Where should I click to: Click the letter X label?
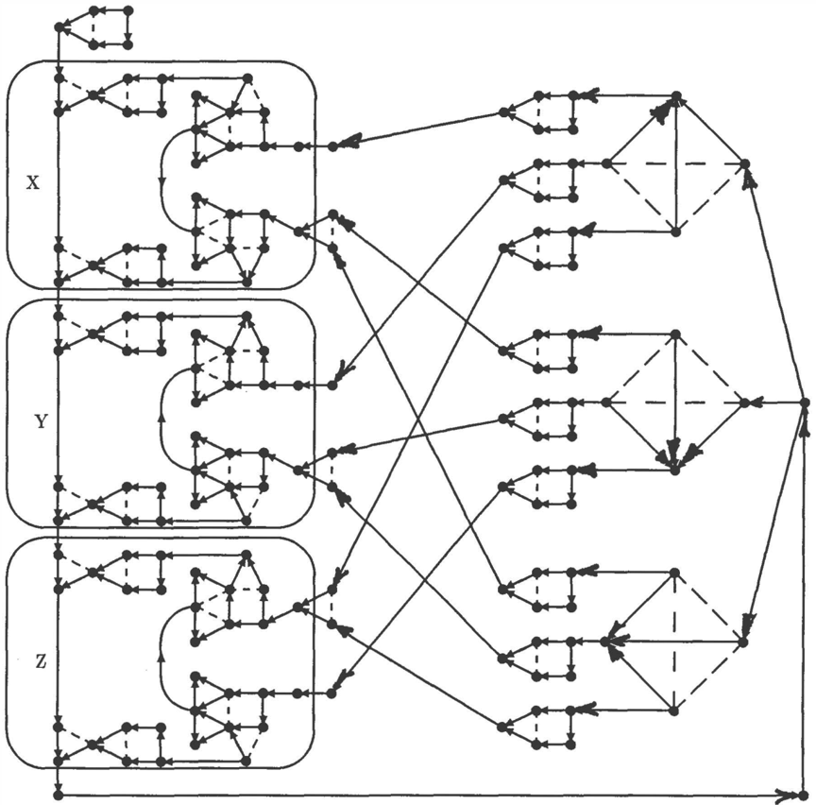[33, 182]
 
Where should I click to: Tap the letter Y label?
[42, 421]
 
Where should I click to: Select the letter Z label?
[42, 661]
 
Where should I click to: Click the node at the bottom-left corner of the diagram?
[59, 796]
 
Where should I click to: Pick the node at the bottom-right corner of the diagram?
[804, 796]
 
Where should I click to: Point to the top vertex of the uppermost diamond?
[675, 95]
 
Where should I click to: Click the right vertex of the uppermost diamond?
[745, 164]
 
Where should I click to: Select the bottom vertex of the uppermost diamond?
[675, 232]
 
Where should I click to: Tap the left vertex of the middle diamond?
[605, 402]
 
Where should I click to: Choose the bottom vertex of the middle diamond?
[675, 471]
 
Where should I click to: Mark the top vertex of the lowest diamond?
[674, 573]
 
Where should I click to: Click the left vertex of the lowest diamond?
[604, 642]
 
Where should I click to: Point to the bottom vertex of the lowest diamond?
[674, 710]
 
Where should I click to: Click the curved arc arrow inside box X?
[161, 180]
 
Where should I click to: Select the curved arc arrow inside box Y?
[161, 420]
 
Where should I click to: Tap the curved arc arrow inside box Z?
[161, 659]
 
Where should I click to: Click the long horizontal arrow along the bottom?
[431, 796]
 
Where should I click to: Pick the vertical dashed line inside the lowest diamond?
[674, 642]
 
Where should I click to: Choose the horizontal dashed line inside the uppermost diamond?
[675, 164]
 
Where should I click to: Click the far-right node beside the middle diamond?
[805, 402]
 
